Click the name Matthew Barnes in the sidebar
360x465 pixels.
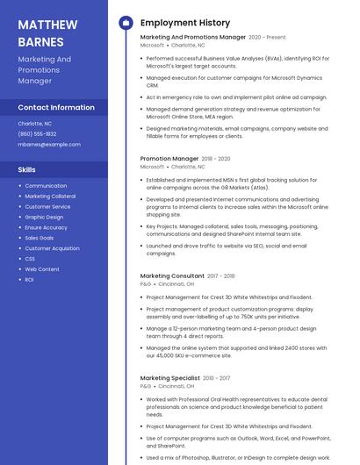(48, 32)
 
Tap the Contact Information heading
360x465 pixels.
(56, 107)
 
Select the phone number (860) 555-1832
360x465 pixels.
(37, 133)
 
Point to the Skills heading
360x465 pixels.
(27, 169)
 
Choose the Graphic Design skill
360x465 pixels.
(44, 217)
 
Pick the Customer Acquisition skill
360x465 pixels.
(52, 248)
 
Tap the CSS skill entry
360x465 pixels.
(30, 259)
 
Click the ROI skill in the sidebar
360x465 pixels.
(29, 280)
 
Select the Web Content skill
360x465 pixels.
(42, 269)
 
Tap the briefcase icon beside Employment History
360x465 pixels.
(126, 23)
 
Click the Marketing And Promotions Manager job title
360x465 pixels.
(193, 38)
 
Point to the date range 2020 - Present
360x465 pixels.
(268, 38)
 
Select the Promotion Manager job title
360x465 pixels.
(169, 159)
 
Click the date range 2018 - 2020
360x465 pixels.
(217, 159)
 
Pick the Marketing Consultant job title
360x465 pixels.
(172, 276)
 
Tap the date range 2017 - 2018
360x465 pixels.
(221, 276)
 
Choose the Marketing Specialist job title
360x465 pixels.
(169, 378)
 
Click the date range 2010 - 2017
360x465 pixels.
(216, 378)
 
